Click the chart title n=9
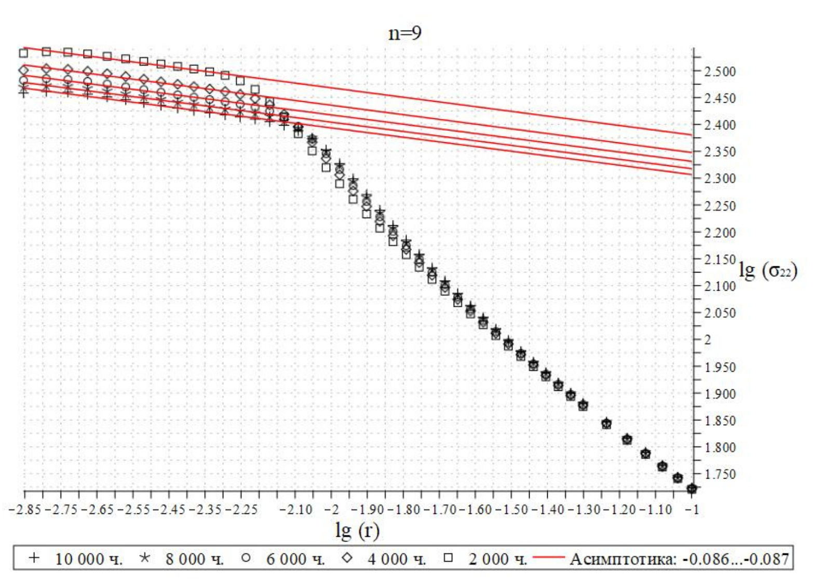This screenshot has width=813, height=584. [x=405, y=33]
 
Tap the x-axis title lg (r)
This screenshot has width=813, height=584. [x=357, y=531]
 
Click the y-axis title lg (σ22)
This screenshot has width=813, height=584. [x=767, y=270]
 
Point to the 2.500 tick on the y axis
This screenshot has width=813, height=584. [x=720, y=71]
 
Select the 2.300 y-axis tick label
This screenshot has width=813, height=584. [x=720, y=179]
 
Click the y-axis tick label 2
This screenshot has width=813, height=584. [x=708, y=340]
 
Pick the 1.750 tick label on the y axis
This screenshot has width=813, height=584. [x=720, y=474]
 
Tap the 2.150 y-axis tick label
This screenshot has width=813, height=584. [x=720, y=259]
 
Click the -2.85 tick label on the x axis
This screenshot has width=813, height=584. [x=25, y=510]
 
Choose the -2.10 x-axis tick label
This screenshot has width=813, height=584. [x=296, y=510]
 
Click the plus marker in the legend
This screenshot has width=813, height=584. [x=34, y=558]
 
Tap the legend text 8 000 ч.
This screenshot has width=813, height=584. [x=194, y=559]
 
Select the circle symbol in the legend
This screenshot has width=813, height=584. [x=246, y=558]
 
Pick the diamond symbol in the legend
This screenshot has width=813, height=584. [x=347, y=558]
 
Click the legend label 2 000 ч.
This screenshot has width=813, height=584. [x=497, y=559]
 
